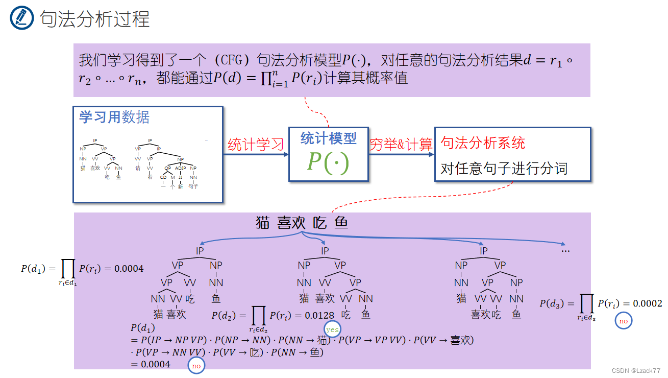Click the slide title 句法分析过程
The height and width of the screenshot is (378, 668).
[95, 19]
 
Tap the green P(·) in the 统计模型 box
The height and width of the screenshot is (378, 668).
[328, 162]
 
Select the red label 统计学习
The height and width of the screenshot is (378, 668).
[255, 145]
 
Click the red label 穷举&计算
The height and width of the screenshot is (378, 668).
[401, 145]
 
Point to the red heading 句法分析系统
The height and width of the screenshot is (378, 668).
[483, 143]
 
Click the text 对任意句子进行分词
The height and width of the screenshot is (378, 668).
[504, 169]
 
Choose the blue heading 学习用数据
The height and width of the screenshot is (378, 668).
[114, 117]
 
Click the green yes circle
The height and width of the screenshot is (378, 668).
[332, 329]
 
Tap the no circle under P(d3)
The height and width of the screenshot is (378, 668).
[623, 321]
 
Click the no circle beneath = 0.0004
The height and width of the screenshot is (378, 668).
[195, 365]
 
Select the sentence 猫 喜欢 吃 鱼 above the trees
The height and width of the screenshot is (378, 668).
[302, 223]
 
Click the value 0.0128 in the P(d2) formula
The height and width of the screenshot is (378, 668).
[319, 316]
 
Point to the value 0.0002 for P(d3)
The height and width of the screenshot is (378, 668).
[648, 303]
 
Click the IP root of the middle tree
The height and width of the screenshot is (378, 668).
[325, 251]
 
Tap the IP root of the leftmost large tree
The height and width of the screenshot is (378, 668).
[200, 251]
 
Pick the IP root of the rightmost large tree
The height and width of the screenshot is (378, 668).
[483, 251]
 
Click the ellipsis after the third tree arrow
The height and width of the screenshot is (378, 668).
[565, 251]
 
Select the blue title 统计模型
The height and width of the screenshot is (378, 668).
[328, 138]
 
